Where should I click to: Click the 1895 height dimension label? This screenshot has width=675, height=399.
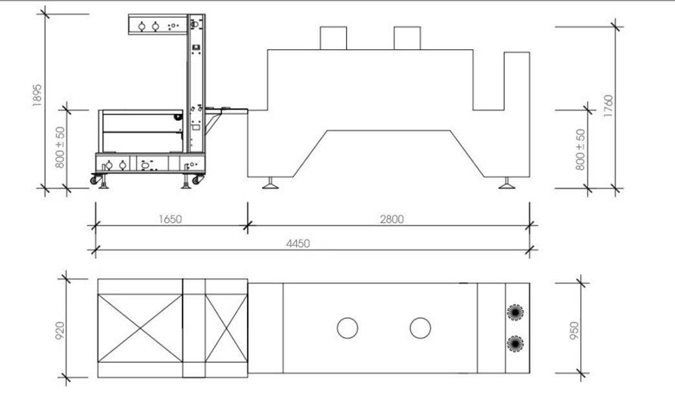coord(37,95)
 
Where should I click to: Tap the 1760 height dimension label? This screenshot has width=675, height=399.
coord(608,106)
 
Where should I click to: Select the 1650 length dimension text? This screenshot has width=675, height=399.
coord(171,219)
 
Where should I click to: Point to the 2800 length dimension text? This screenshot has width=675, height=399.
coord(392,219)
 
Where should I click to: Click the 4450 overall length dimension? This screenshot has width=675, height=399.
coord(298,244)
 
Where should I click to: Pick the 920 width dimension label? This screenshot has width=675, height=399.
coord(60,330)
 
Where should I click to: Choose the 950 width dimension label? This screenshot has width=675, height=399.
coord(574,330)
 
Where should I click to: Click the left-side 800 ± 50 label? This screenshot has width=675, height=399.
coord(60,147)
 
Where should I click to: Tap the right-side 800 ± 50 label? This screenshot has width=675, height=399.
coord(581,149)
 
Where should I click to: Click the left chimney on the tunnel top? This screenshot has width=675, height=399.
coord(333,38)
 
